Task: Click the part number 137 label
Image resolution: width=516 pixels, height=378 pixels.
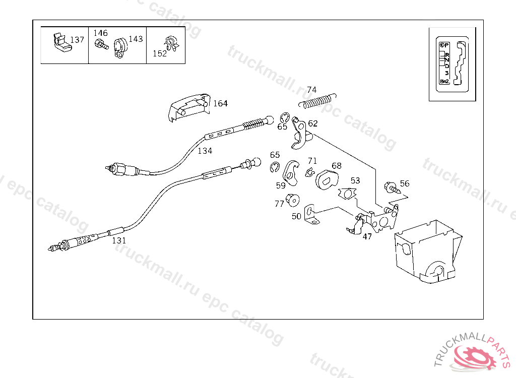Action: tap(77, 40)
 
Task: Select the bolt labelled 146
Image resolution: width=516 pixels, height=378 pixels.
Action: tap(101, 45)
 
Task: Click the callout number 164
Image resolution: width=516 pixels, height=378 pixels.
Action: tap(220, 104)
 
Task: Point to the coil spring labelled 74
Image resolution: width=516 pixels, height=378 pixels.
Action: tap(317, 100)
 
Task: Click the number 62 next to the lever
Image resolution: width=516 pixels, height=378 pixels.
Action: tap(313, 123)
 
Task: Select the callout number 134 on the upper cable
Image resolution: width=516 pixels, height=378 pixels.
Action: tap(205, 151)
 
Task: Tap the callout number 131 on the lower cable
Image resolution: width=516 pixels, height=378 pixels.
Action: tap(119, 240)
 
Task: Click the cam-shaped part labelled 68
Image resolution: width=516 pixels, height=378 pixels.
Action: tap(327, 178)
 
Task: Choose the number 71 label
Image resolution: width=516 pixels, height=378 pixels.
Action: tap(312, 161)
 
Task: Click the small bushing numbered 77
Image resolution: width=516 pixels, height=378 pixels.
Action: tap(291, 200)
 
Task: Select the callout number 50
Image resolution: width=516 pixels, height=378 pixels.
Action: tap(296, 216)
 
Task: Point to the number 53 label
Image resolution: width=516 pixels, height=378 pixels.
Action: tap(355, 180)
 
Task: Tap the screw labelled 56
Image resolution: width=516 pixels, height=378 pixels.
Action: tap(392, 188)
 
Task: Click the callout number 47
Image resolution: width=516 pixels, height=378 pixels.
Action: tap(367, 236)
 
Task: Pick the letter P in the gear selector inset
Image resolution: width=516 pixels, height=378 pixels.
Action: tap(446, 45)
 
